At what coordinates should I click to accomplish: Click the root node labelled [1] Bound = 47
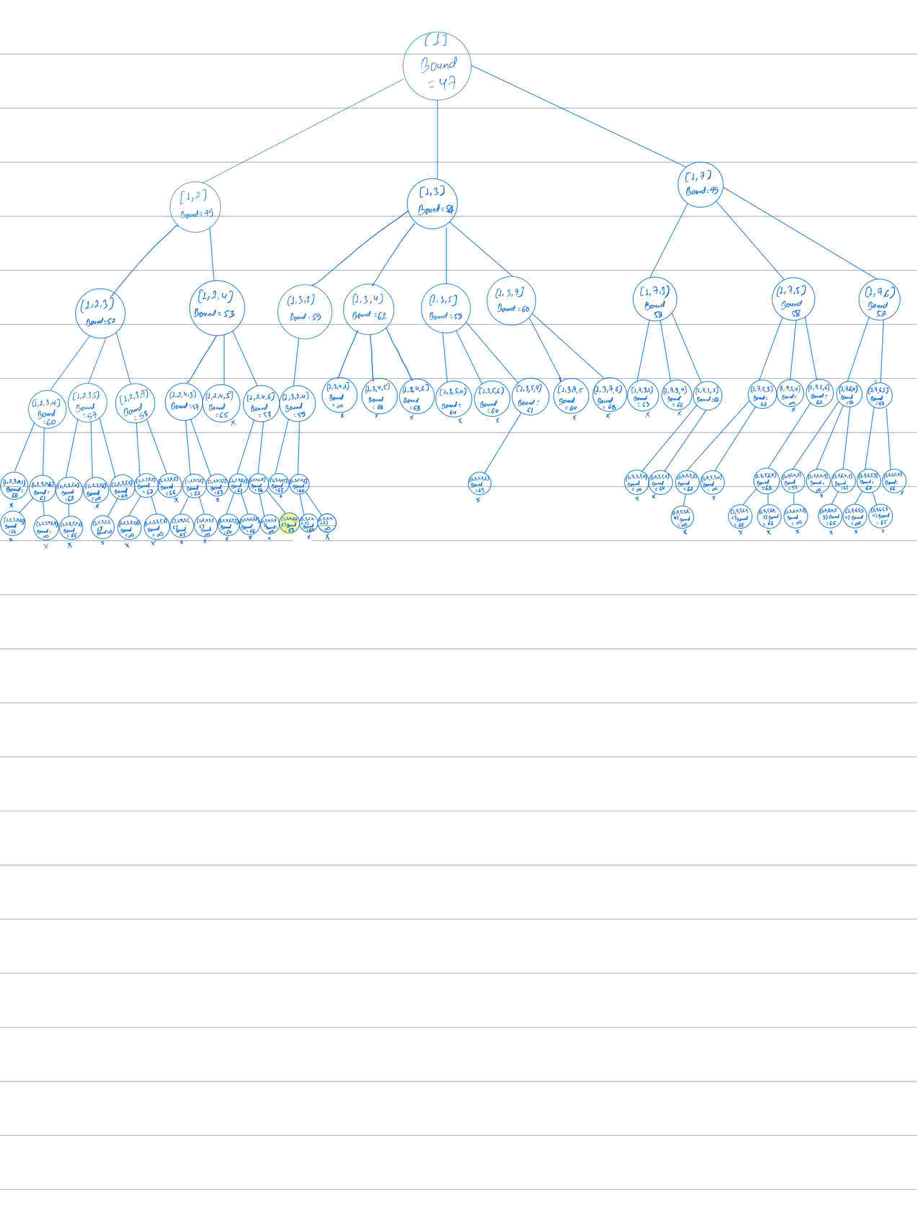click(x=437, y=66)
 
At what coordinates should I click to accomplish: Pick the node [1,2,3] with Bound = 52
click(x=100, y=313)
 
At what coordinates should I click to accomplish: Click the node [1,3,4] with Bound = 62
click(x=369, y=309)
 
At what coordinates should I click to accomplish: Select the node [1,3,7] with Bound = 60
click(x=511, y=301)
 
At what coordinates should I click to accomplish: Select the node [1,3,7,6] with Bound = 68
click(x=609, y=395)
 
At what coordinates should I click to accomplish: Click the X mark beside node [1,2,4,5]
click(x=233, y=423)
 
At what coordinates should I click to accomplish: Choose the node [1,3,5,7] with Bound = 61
click(x=530, y=396)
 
